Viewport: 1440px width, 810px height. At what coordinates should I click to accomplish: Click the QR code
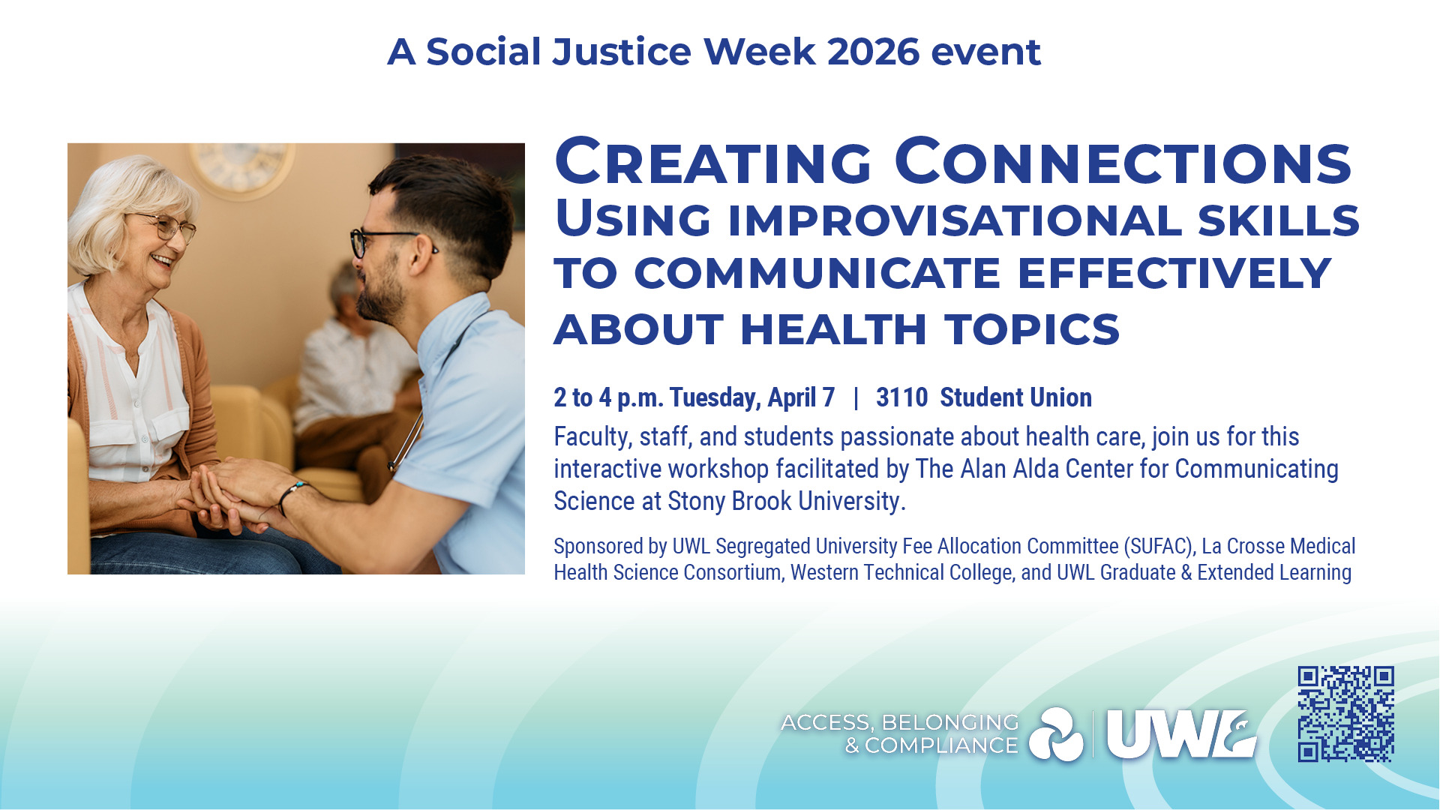1346,714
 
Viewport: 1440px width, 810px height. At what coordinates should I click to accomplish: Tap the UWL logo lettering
1182,735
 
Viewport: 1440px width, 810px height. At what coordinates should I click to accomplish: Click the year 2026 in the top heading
873,52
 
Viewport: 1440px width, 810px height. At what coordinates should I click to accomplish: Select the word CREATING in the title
713,162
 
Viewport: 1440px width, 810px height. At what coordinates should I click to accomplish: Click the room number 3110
901,397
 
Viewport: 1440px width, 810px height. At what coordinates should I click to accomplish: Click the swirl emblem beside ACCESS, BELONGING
1056,734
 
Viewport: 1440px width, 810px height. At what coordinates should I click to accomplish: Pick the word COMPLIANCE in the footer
941,745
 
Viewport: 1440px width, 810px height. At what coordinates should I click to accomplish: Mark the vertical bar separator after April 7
856,398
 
